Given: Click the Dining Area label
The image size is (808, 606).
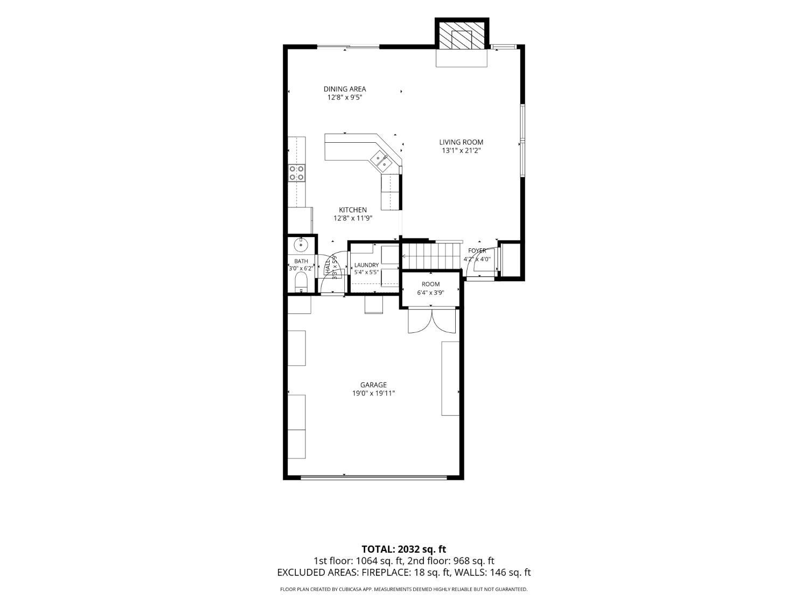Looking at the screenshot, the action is (x=345, y=89).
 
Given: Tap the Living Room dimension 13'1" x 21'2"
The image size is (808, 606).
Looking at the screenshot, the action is (x=461, y=150).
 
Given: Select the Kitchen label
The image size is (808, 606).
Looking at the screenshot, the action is (x=353, y=210).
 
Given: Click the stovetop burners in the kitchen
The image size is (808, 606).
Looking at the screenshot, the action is (x=297, y=173).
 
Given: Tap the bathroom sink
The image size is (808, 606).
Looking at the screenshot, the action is (x=302, y=244).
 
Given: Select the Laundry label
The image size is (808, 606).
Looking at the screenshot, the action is (x=366, y=265).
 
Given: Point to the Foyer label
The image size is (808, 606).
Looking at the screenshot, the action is (x=477, y=250).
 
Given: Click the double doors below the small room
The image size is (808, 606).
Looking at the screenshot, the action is (x=431, y=321).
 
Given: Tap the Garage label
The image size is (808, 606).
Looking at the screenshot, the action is (x=373, y=385).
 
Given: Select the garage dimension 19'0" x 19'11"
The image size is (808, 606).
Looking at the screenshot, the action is (x=373, y=393).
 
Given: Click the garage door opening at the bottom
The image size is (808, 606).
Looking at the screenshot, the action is (x=374, y=478).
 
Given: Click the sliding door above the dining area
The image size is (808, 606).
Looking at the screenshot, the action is (x=348, y=47).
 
